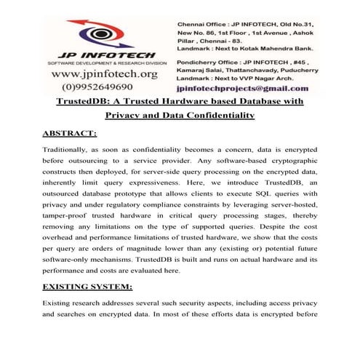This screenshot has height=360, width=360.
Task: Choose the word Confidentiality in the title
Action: (218, 115)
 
